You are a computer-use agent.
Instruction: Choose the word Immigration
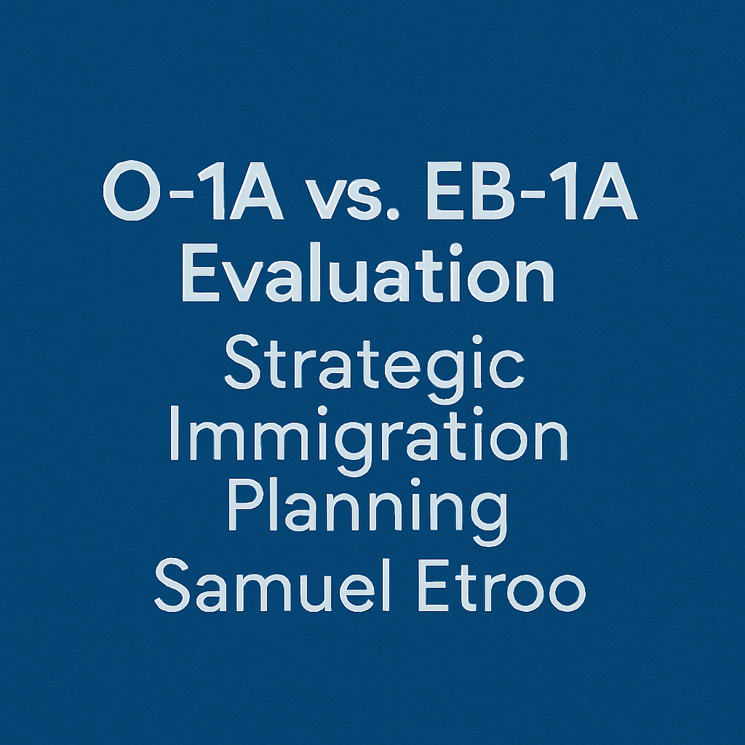[x=368, y=437]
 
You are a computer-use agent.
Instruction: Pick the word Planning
[x=367, y=509]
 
